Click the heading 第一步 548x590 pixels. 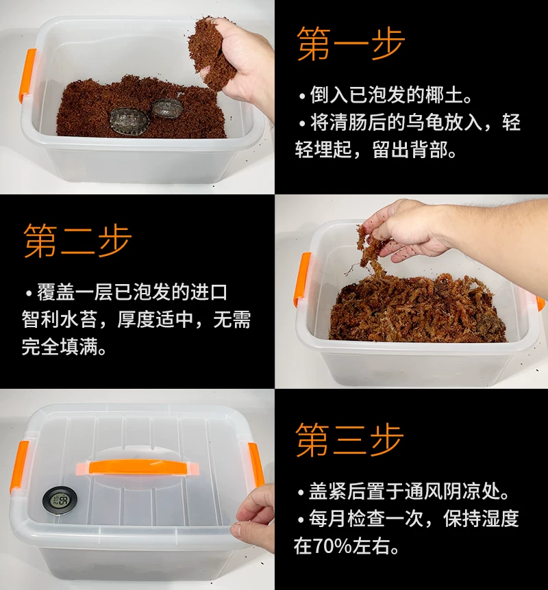[350, 44]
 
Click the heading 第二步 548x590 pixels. [77, 240]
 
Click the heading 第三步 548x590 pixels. [349, 439]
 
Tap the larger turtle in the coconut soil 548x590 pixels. [129, 119]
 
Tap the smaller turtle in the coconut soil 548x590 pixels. [167, 107]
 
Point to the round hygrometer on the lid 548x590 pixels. [60, 500]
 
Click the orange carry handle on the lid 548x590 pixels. [137, 467]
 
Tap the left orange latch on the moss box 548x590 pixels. [302, 278]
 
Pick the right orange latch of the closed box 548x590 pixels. [256, 465]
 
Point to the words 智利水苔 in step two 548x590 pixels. [60, 320]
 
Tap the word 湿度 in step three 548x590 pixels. [500, 519]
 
